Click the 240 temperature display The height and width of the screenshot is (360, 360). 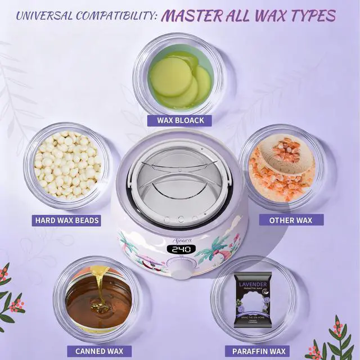[x=181, y=249]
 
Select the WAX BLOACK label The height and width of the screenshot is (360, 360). [x=179, y=120]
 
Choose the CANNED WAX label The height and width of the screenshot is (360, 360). [x=99, y=351]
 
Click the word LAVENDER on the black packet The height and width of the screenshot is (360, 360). [x=252, y=283]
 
